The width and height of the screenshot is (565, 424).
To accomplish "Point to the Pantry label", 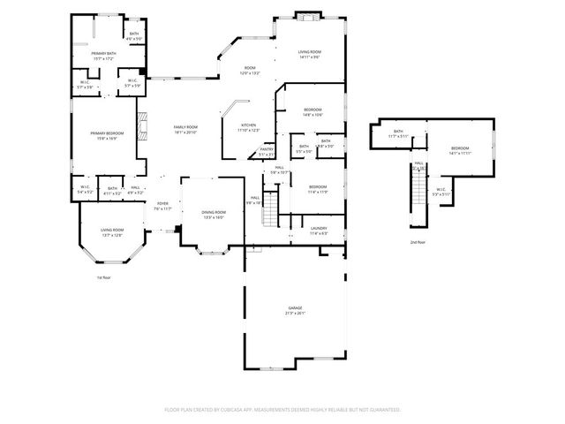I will pyautogui.click(x=266, y=151).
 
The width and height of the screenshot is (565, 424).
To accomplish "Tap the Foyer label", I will pyautogui.click(x=162, y=206).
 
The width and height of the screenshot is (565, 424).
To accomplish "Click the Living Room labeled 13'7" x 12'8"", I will pyautogui.click(x=111, y=232).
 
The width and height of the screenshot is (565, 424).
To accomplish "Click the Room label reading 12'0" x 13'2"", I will pyautogui.click(x=250, y=71).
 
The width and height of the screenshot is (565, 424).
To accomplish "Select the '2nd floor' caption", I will pyautogui.click(x=417, y=241).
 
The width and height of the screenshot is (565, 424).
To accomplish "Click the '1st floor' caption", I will pyautogui.click(x=104, y=277).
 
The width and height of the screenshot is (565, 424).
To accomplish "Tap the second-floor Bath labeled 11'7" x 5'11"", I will pyautogui.click(x=398, y=133).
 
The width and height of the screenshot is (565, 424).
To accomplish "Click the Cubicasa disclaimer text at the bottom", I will pyautogui.click(x=282, y=410).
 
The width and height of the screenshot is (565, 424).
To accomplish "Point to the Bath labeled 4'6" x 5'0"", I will pyautogui.click(x=134, y=36).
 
